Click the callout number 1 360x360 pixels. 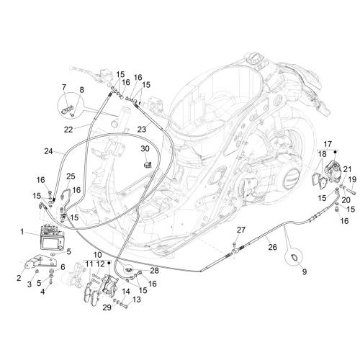22,232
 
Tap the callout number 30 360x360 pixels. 145,149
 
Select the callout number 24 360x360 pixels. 48,151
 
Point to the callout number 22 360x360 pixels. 68,130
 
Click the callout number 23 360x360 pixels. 142,130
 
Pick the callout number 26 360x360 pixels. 273,247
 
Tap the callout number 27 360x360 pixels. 241,230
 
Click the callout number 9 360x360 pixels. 305,271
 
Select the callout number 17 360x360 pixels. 328,144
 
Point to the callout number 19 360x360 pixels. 352,179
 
